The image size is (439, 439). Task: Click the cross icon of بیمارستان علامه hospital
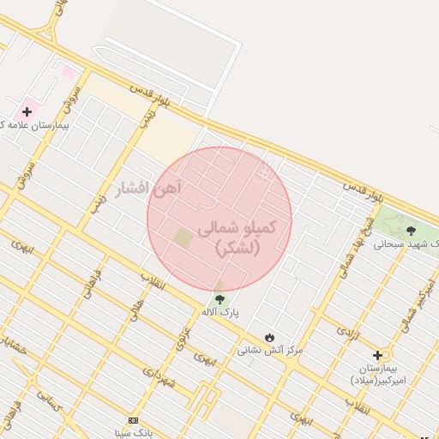[27, 111]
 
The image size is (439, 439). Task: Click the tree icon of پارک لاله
[219, 299]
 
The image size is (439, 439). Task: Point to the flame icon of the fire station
[271, 335]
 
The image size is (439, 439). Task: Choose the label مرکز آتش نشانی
[270, 350]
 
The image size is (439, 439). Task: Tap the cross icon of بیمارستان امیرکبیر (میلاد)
[377, 355]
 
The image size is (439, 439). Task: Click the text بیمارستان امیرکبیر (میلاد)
[378, 374]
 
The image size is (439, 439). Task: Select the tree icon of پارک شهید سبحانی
[411, 230]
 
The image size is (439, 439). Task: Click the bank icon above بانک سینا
[132, 420]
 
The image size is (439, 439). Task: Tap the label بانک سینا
[132, 433]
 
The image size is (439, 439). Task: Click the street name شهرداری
[159, 377]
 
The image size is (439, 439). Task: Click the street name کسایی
[48, 399]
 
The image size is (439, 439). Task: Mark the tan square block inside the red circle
[183, 238]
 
